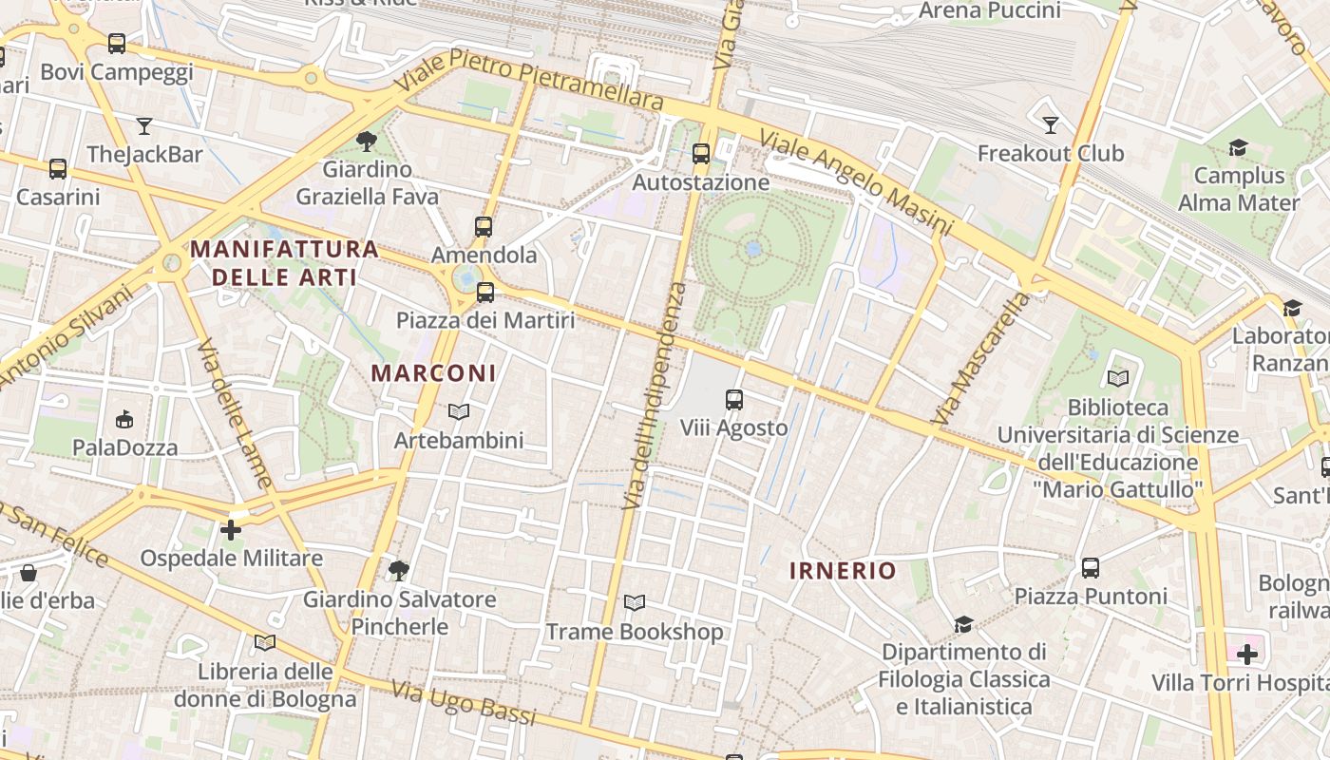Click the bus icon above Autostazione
701,153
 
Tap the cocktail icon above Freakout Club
1050,124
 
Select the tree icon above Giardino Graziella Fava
367,142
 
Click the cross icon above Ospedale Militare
231,530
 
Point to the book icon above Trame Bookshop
634,603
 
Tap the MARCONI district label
434,373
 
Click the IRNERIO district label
843,570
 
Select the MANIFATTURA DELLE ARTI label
284,263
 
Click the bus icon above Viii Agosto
734,400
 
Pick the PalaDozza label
125,447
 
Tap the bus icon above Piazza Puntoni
1091,568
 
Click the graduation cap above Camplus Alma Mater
1238,147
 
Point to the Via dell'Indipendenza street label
654,394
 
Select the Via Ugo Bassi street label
463,704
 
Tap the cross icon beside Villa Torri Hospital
1246,654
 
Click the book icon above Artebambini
459,412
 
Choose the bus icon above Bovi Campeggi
117,44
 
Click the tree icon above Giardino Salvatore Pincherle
399,571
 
